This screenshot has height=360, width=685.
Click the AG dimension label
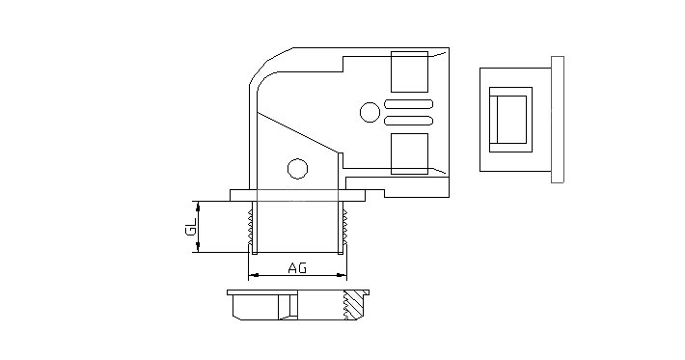coord(297,267)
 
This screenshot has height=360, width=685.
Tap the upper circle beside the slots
coord(370,112)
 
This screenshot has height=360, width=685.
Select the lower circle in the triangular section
coord(297,169)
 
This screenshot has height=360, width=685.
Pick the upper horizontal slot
coord(408,104)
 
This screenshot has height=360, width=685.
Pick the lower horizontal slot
coord(408,121)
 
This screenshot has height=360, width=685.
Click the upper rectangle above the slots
coord(409,71)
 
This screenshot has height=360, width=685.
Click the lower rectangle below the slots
coord(409,153)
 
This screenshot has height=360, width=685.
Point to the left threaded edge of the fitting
coord(250,227)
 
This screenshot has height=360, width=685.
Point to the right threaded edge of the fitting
coord(345,227)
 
